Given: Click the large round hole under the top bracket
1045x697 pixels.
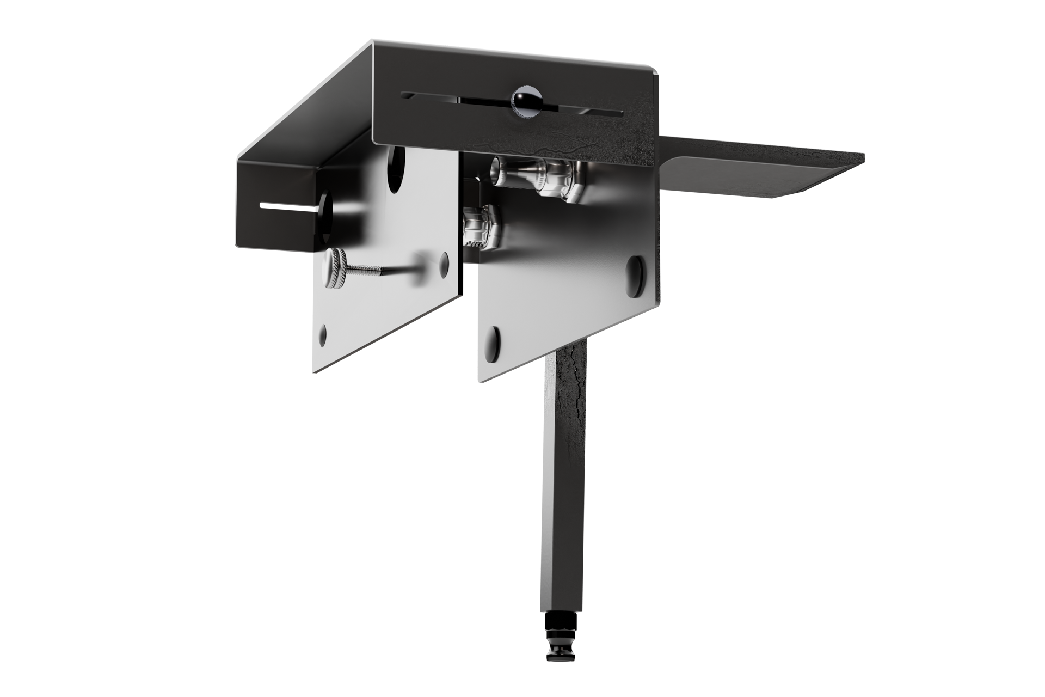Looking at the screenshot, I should pyautogui.click(x=396, y=166).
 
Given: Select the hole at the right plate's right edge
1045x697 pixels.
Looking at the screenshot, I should pyautogui.click(x=634, y=268).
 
